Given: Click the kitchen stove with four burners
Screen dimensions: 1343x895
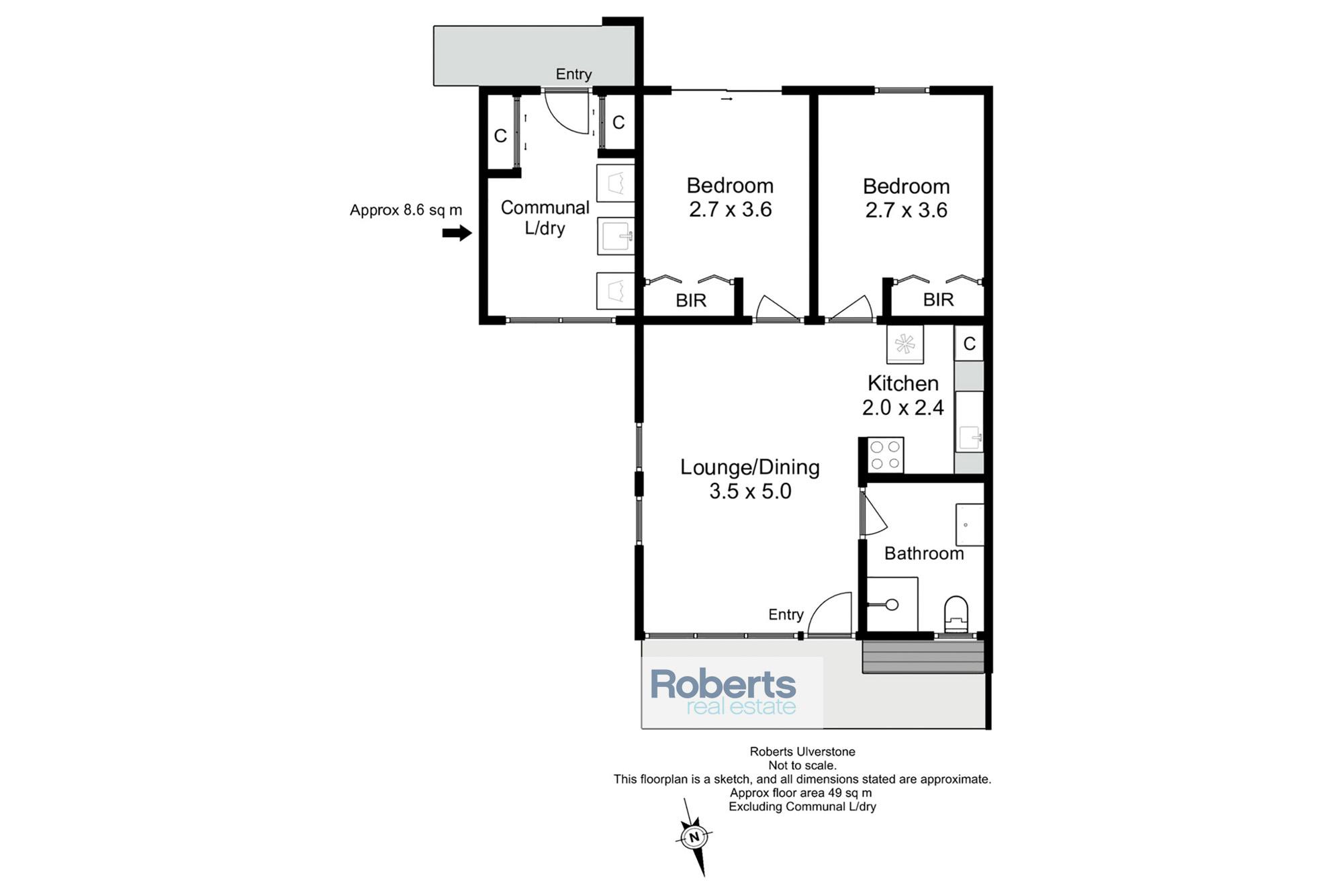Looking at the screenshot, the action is pyautogui.click(x=886, y=455).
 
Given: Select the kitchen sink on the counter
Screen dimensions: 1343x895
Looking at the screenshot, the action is pyautogui.click(x=970, y=438).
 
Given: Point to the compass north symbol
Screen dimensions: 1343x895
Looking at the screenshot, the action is pyautogui.click(x=694, y=837).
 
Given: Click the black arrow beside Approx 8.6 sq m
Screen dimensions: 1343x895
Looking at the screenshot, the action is pyautogui.click(x=457, y=233).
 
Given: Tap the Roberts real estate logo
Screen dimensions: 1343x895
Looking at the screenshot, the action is pyautogui.click(x=723, y=692).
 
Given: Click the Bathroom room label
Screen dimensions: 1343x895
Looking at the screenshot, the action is pyautogui.click(x=924, y=553).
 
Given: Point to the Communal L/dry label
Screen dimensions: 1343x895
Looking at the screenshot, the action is pyautogui.click(x=545, y=218).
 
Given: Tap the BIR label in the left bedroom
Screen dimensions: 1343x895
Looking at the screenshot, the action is pyautogui.click(x=691, y=300).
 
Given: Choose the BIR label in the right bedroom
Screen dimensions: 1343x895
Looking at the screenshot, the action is pyautogui.click(x=938, y=299).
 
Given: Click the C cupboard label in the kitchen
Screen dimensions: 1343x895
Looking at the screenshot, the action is pyautogui.click(x=969, y=344).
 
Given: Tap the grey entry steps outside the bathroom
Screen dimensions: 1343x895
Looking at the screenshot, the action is pyautogui.click(x=923, y=657).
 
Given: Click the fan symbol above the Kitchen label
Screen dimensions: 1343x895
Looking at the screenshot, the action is pyautogui.click(x=905, y=344).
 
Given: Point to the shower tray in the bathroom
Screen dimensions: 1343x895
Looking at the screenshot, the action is pyautogui.click(x=892, y=604).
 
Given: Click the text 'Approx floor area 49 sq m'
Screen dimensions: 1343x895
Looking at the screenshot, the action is pyautogui.click(x=801, y=792).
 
